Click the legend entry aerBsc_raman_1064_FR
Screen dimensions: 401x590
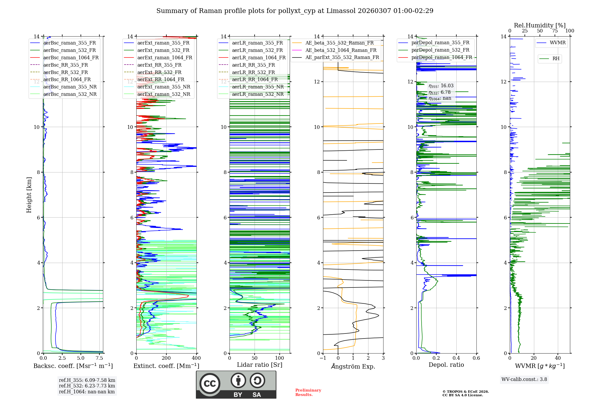point(71,58)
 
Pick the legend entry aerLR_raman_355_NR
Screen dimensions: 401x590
point(258,87)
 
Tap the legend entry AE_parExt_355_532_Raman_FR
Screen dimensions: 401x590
point(342,57)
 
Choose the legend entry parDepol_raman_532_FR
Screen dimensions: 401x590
point(440,50)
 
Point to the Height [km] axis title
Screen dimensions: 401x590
point(29,195)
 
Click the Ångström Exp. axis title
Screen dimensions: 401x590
point(353,367)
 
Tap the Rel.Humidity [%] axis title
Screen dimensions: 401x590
point(540,25)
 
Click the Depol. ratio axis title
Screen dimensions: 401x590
point(446,365)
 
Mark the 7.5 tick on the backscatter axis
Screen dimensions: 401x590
point(99,358)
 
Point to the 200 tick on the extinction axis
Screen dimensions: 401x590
point(166,358)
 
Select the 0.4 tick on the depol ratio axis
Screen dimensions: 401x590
point(456,358)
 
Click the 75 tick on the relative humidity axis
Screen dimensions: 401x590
point(555,31)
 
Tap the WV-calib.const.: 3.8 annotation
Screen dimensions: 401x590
point(524,379)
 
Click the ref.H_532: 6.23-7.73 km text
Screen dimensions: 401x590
point(87,386)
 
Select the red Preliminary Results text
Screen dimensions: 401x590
point(308,392)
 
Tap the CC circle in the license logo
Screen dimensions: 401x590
point(210,384)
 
